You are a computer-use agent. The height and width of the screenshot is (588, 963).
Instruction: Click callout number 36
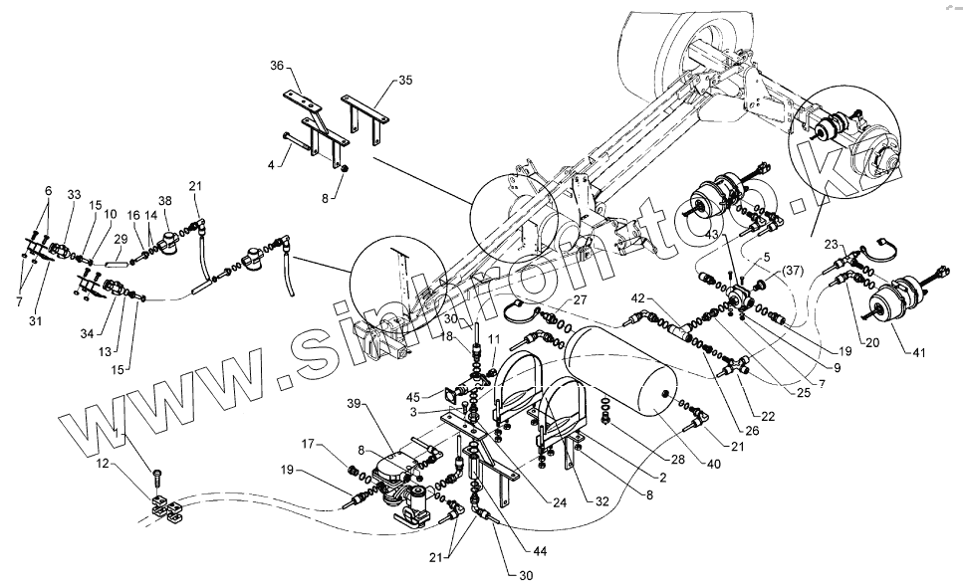point(277,66)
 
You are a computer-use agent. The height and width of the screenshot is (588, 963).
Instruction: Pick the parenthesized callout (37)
point(792,272)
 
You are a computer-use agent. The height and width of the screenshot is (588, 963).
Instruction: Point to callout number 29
point(121,240)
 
